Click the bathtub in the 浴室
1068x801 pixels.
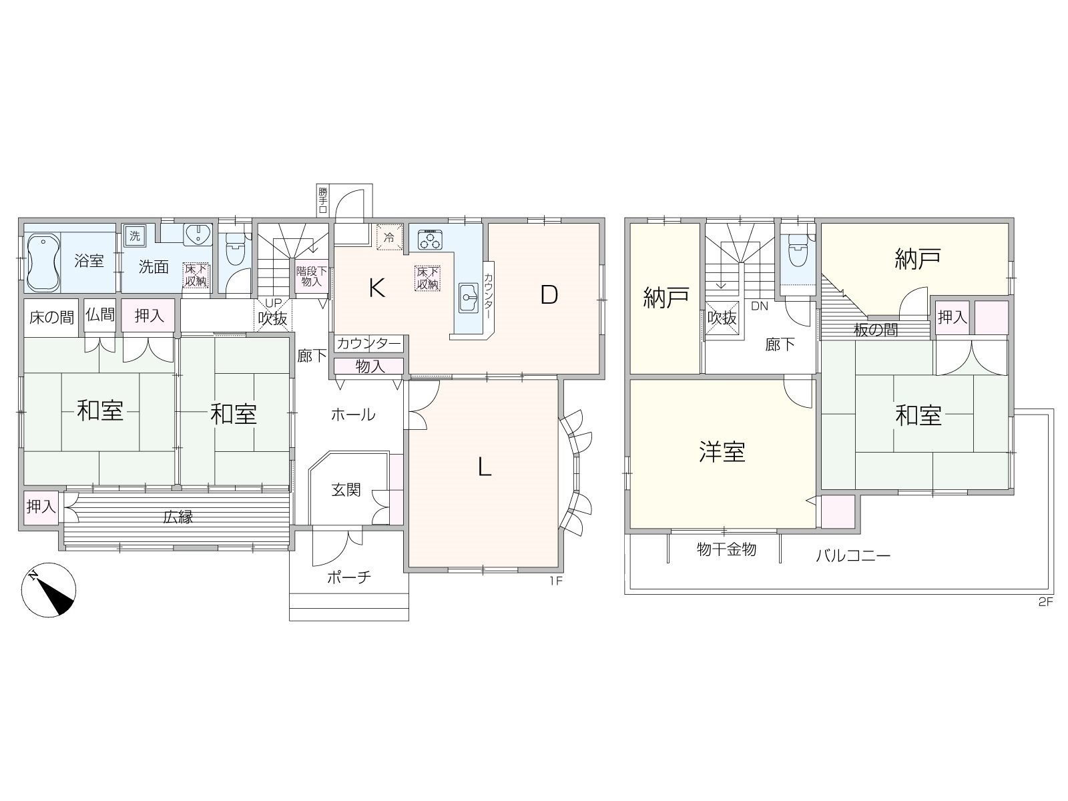pos(43,262)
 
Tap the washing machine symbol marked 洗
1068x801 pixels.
pos(134,236)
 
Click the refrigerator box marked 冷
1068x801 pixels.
pos(390,238)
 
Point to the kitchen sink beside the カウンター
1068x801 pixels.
pos(469,298)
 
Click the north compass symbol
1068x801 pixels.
pos(49,590)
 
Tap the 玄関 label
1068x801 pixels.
pos(346,490)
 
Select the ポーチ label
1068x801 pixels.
pos(349,577)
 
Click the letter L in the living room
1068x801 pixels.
pos(484,467)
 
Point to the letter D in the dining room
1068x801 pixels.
pos(549,294)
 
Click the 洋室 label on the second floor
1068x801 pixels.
pos(722,452)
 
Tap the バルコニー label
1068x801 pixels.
pos(853,555)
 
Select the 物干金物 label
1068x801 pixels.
pos(726,549)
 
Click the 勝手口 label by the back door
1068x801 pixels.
pos(323,200)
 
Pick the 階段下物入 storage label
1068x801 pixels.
pos(312,276)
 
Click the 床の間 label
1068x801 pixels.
pos(51,318)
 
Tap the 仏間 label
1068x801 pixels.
pos(100,314)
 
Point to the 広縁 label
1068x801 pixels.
pos(178,517)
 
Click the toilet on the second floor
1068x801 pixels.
pos(798,250)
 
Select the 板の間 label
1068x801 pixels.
pos(876,330)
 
